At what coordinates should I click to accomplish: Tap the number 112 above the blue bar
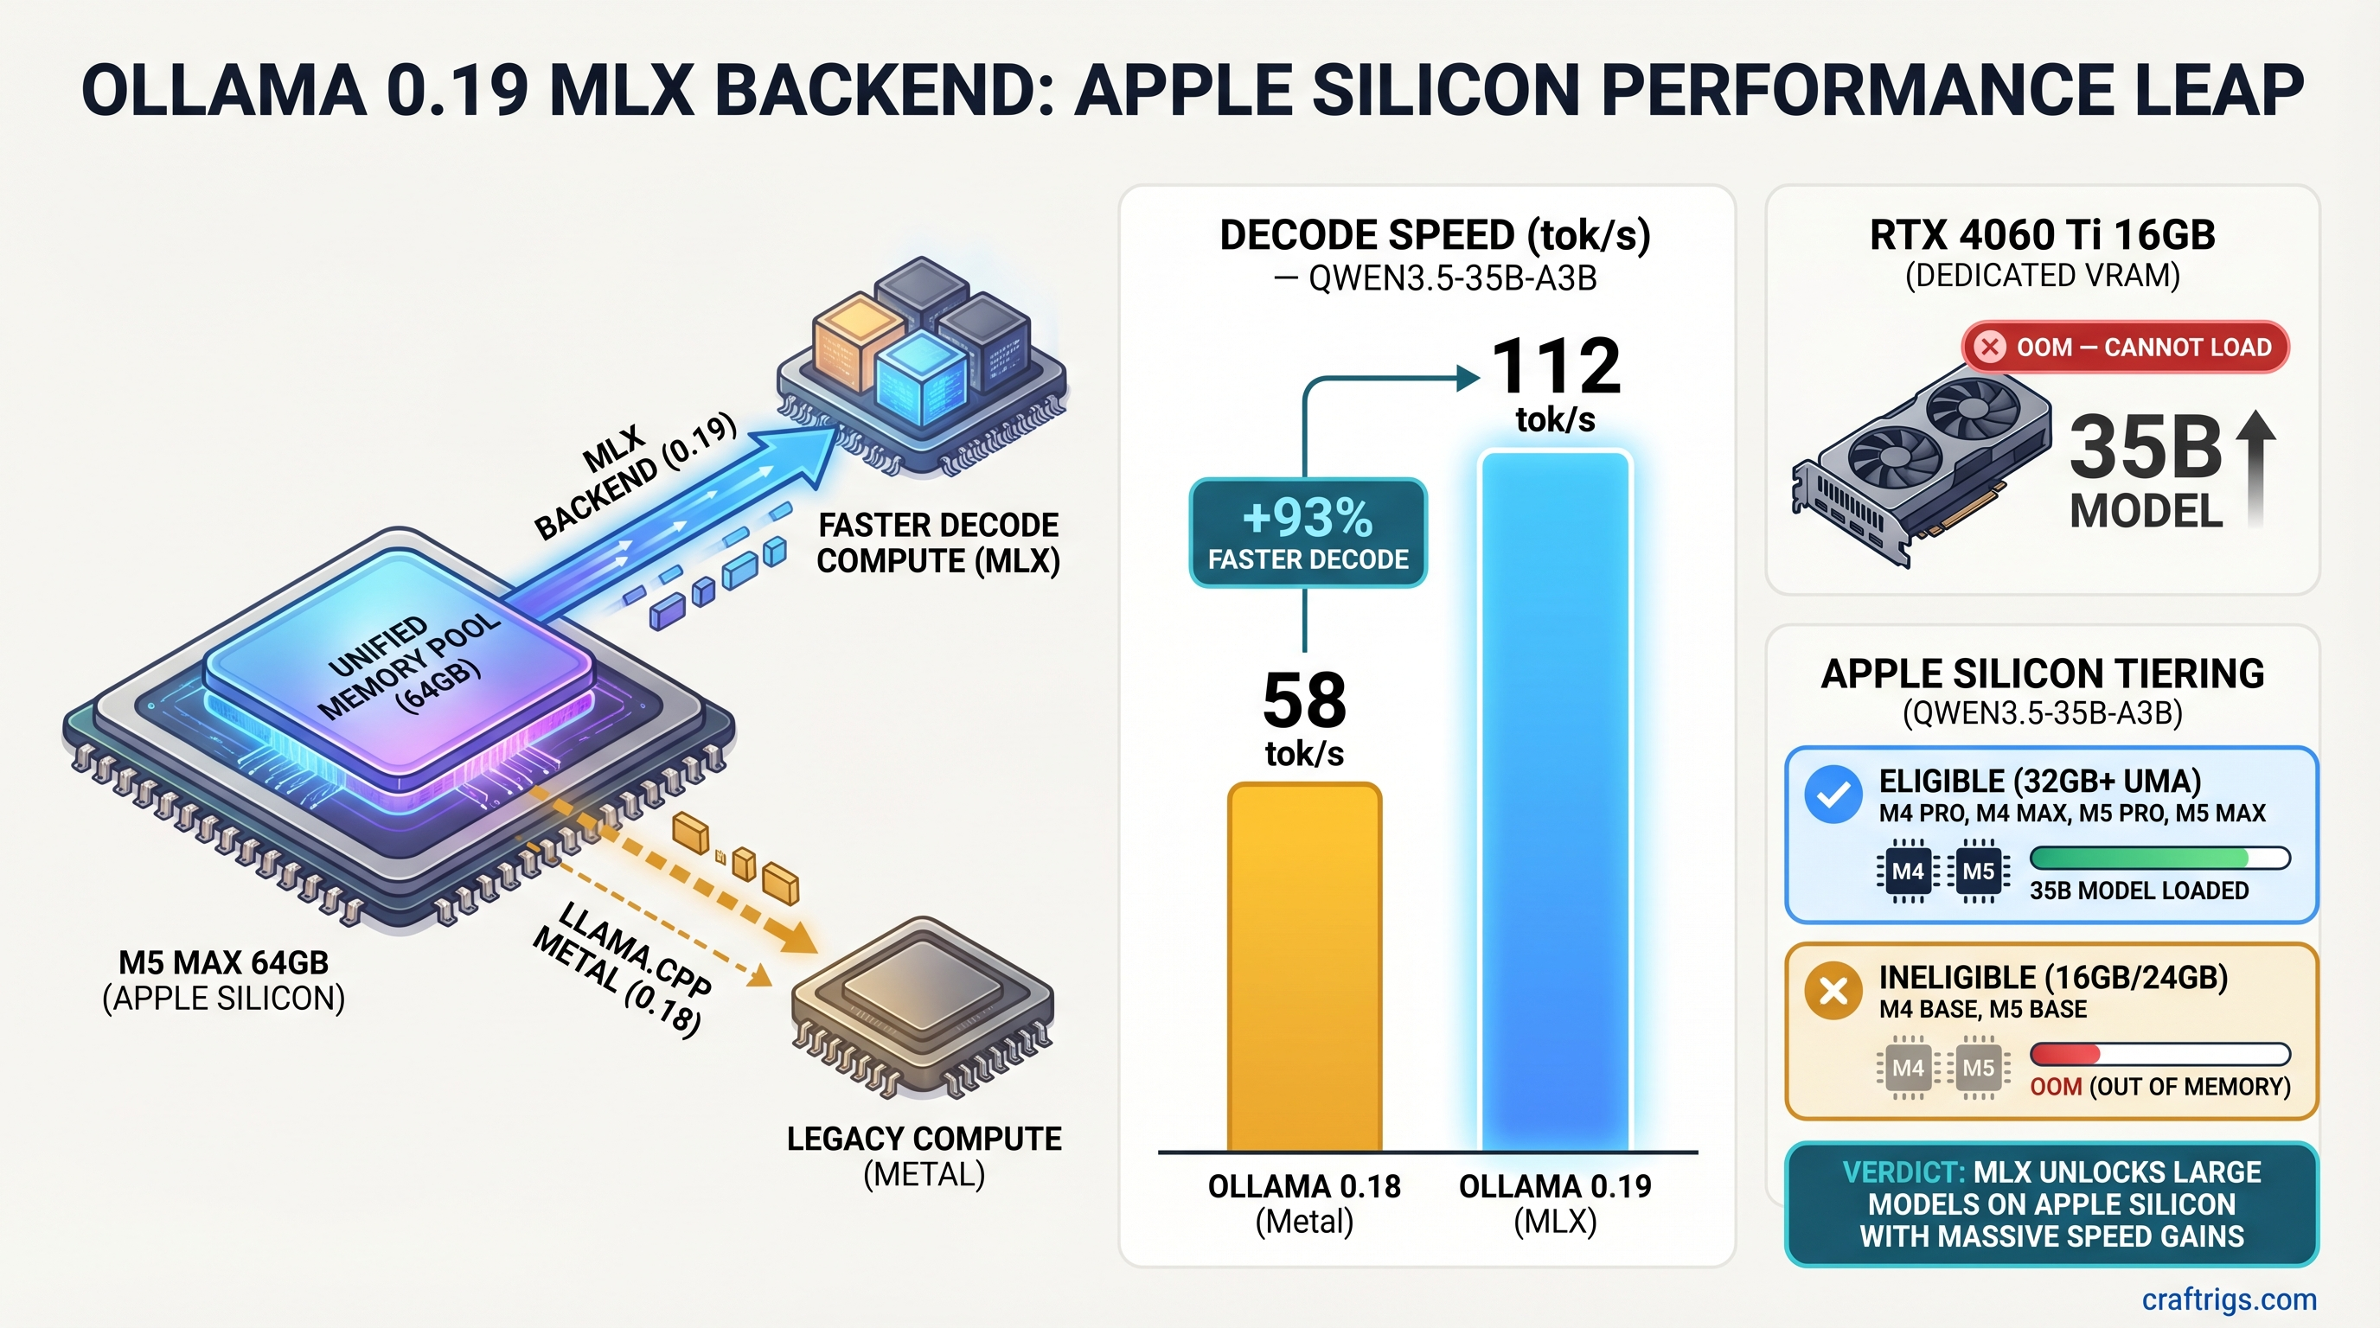click(1556, 367)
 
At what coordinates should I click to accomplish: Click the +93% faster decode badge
click(1308, 533)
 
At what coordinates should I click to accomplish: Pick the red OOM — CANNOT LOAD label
click(2125, 348)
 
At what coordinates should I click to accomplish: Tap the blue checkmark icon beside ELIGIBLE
click(1833, 795)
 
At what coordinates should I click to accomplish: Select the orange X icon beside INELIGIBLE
click(1833, 991)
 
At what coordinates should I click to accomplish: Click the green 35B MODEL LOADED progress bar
click(2159, 858)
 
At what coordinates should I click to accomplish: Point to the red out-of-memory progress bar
click(2159, 1054)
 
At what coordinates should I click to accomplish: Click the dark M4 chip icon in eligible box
click(1908, 871)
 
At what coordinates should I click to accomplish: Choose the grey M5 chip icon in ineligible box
click(1978, 1068)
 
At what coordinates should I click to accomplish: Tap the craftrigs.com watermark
click(2229, 1299)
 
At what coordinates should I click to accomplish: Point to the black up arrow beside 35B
click(2255, 466)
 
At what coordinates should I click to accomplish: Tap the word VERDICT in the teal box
click(1903, 1172)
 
